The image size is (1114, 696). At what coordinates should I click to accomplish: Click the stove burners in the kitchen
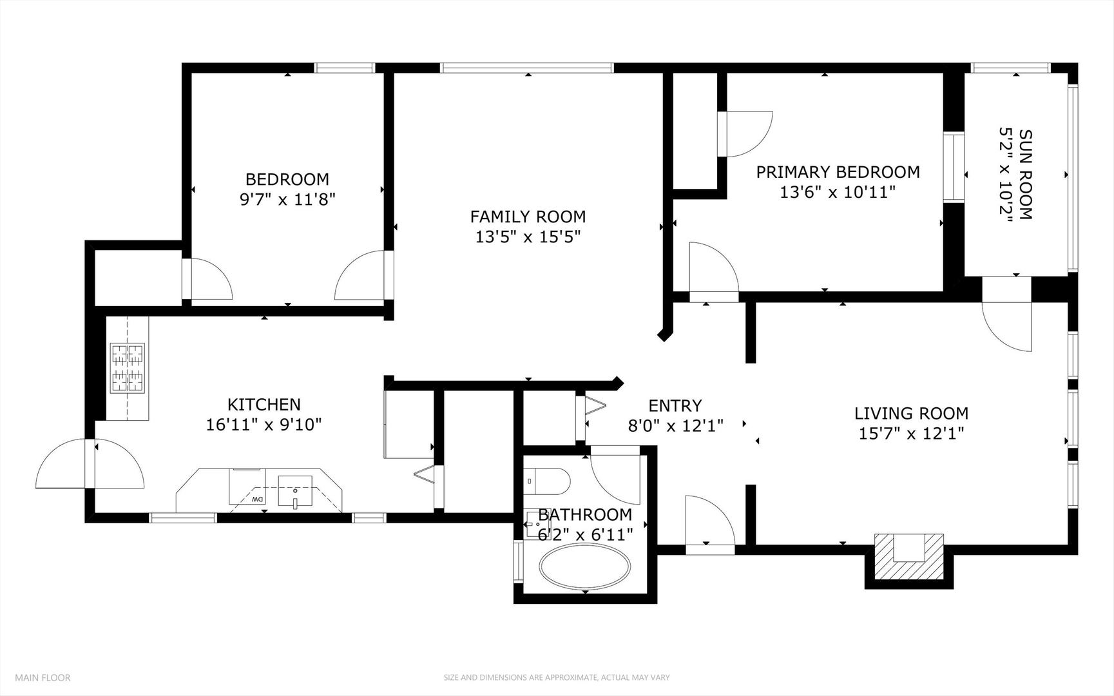(x=128, y=368)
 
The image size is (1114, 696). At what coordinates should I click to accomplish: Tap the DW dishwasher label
(x=257, y=499)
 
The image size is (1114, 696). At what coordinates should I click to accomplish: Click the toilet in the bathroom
(x=547, y=481)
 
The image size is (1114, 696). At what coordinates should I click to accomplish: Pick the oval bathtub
(x=585, y=567)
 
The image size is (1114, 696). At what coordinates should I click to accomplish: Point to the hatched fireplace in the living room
(x=908, y=558)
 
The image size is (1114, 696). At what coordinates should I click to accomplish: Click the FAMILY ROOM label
(x=528, y=217)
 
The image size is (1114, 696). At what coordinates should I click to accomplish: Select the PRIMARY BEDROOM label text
(x=838, y=172)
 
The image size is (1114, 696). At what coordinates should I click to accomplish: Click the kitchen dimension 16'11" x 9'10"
(x=264, y=425)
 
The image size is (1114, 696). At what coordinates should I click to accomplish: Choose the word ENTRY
(x=675, y=405)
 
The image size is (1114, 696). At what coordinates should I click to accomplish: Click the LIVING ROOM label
(x=911, y=413)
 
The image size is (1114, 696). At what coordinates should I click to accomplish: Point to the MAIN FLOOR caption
(x=43, y=677)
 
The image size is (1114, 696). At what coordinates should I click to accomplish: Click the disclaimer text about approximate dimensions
(x=556, y=677)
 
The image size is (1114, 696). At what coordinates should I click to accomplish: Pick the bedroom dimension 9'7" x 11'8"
(x=287, y=199)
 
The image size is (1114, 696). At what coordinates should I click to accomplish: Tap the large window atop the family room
(x=527, y=67)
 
